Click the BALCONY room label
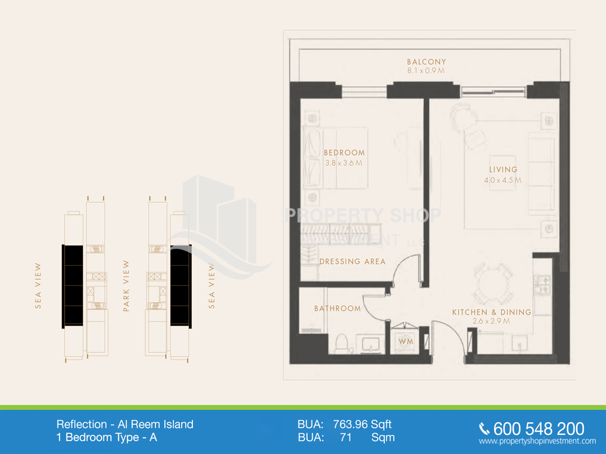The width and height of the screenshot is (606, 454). coord(426,62)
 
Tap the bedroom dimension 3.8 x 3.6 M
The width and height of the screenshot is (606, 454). coord(344,163)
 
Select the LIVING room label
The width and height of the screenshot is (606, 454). coord(503,169)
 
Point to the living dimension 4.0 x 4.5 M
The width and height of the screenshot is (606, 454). coord(502,180)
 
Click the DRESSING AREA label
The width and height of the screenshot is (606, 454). coord(352,261)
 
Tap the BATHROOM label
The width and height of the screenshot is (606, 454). coord(337,308)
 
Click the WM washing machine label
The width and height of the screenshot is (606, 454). coord(406,342)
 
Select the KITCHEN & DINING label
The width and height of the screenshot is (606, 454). coord(492,312)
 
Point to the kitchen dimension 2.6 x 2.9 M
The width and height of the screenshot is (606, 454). coord(491,321)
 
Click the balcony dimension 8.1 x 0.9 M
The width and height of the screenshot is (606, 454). coord(426,71)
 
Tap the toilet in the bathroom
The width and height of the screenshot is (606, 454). coord(342,344)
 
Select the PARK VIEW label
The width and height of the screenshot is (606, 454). coord(126,286)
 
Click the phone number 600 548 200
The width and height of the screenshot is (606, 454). coord(539,429)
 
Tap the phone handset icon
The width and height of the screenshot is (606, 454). coord(484,429)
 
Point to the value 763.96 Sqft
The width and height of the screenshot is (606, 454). coord(362,425)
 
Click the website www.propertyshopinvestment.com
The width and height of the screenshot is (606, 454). coord(537,441)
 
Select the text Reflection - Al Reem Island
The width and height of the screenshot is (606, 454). coord(125,425)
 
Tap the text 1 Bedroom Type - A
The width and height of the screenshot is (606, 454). coord(107,437)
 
